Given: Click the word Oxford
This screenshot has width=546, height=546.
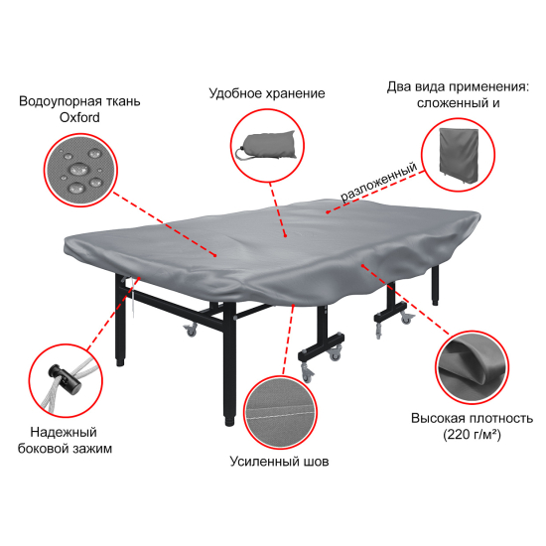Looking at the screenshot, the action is [x=79, y=117].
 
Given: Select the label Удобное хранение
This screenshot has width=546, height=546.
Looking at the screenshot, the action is [x=267, y=93].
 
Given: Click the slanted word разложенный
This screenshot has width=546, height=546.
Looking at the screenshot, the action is [x=379, y=182].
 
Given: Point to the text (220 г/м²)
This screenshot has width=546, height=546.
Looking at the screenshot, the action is [x=472, y=435].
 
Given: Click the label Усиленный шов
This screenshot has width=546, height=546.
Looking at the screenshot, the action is [x=279, y=462].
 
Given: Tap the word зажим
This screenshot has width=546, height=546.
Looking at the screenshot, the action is [x=94, y=449].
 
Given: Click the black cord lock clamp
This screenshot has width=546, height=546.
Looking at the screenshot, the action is [x=65, y=379].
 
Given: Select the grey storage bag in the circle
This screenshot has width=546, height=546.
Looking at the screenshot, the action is [x=266, y=146].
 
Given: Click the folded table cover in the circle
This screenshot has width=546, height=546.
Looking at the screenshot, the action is [x=459, y=154].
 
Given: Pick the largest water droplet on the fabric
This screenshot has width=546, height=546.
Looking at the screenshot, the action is [x=78, y=170].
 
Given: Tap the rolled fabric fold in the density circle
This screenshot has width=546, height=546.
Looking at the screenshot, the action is [x=469, y=362].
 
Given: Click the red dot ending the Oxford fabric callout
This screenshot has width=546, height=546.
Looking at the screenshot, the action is [x=215, y=255].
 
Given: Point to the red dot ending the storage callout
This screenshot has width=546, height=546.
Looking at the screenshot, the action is [x=285, y=235].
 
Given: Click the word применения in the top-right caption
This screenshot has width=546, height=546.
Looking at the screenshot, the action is [x=487, y=87].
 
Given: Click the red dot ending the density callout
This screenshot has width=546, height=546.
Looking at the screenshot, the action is [x=362, y=266].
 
